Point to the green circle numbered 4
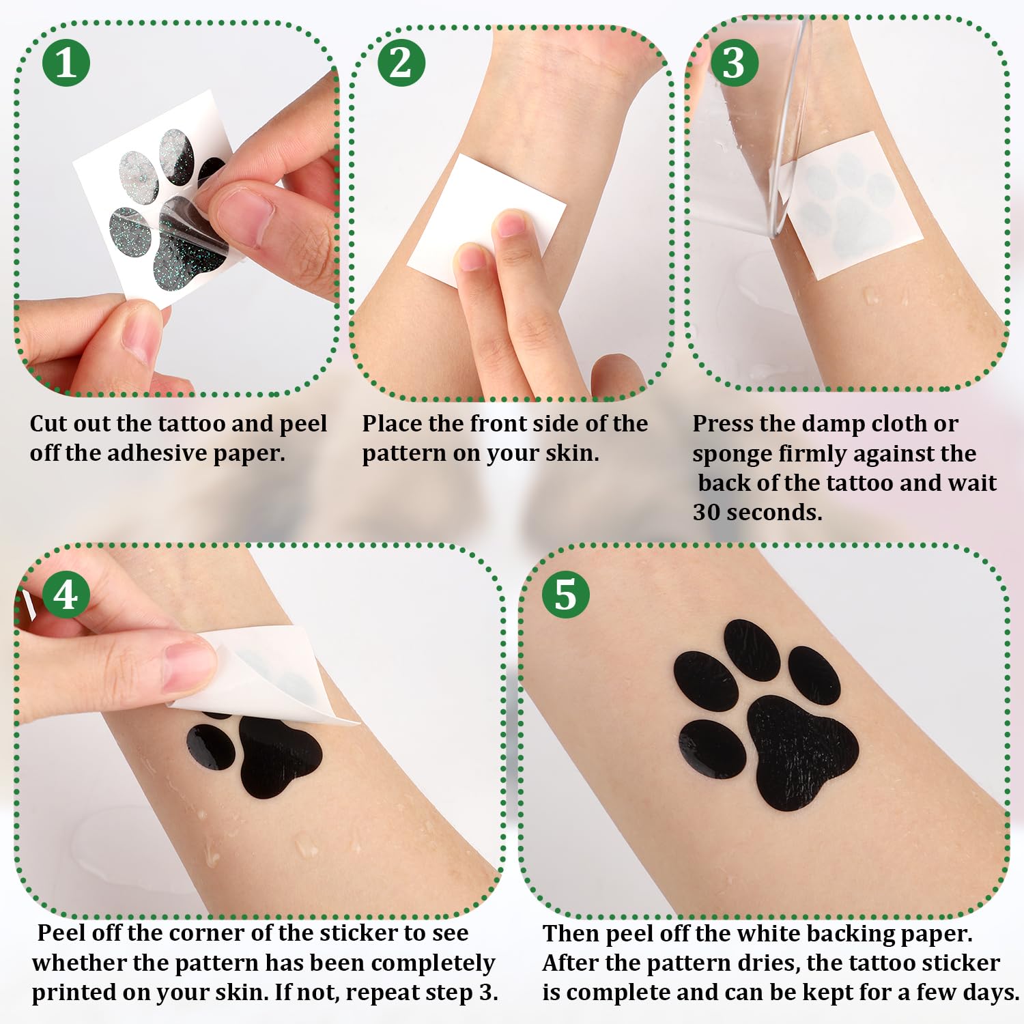pos(66,595)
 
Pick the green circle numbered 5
pos(565,595)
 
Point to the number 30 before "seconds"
pos(707,512)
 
